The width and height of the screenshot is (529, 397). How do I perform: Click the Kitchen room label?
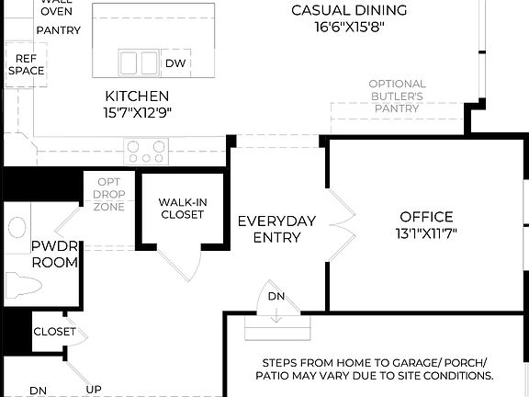pyautogui.click(x=136, y=96)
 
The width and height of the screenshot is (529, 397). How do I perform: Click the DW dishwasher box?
pyautogui.click(x=174, y=63)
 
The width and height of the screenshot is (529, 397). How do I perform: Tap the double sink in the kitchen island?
pyautogui.click(x=138, y=62)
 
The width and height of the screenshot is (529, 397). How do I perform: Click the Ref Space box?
pyautogui.click(x=26, y=64)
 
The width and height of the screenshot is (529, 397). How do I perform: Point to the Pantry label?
pyautogui.click(x=59, y=30)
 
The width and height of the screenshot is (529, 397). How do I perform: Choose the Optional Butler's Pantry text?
pyautogui.click(x=397, y=96)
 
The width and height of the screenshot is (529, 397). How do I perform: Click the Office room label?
pyautogui.click(x=426, y=217)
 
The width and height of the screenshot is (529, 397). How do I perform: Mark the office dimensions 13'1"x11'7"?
pyautogui.click(x=426, y=233)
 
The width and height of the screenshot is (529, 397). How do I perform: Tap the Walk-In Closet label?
pyautogui.click(x=181, y=208)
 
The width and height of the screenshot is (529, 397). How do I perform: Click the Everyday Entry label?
pyautogui.click(x=276, y=229)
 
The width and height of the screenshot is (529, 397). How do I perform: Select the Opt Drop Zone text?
pyautogui.click(x=109, y=194)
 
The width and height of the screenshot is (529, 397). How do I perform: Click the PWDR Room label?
pyautogui.click(x=55, y=254)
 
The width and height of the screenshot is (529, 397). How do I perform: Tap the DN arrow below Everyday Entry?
pyautogui.click(x=276, y=302)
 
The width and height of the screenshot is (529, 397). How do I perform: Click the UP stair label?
pyautogui.click(x=95, y=390)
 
